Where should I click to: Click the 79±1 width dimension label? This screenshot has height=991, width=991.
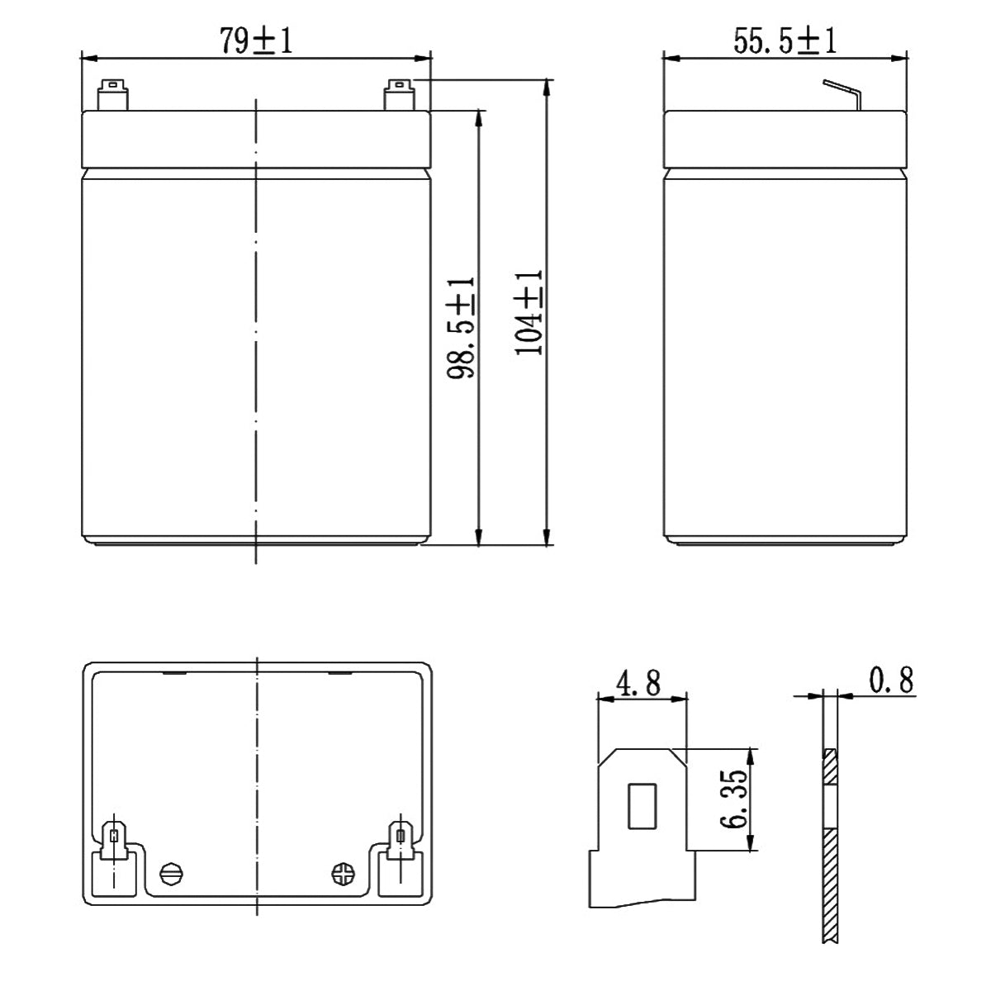[x=256, y=41]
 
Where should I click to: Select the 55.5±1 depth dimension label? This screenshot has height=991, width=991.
[x=785, y=41]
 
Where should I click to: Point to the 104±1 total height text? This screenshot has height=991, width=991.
[x=529, y=312]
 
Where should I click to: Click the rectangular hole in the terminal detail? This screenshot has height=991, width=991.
[x=642, y=805]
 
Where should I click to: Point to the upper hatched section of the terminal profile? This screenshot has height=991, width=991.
[x=831, y=767]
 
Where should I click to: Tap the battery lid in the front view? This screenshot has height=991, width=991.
[x=256, y=139]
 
